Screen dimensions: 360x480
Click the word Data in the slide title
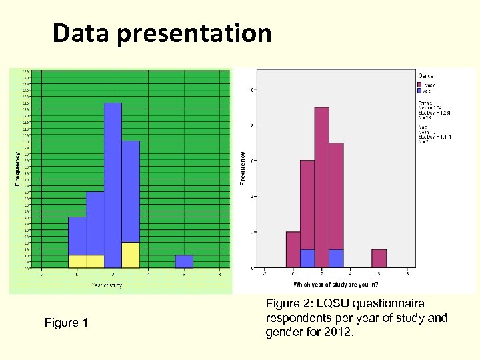(81, 33)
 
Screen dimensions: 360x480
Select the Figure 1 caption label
(66, 323)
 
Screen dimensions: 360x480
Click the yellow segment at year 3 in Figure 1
(131, 255)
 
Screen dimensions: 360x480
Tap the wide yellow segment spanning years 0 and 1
(86, 261)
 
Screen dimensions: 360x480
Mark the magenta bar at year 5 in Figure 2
(379, 258)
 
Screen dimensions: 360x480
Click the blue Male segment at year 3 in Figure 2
(335, 258)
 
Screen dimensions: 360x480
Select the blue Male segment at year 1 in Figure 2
(307, 258)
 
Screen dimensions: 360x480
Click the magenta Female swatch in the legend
(420, 85)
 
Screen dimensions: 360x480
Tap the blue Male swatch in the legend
(420, 91)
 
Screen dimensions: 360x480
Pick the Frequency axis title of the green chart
(17, 167)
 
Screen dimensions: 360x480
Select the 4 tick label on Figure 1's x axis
(148, 273)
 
